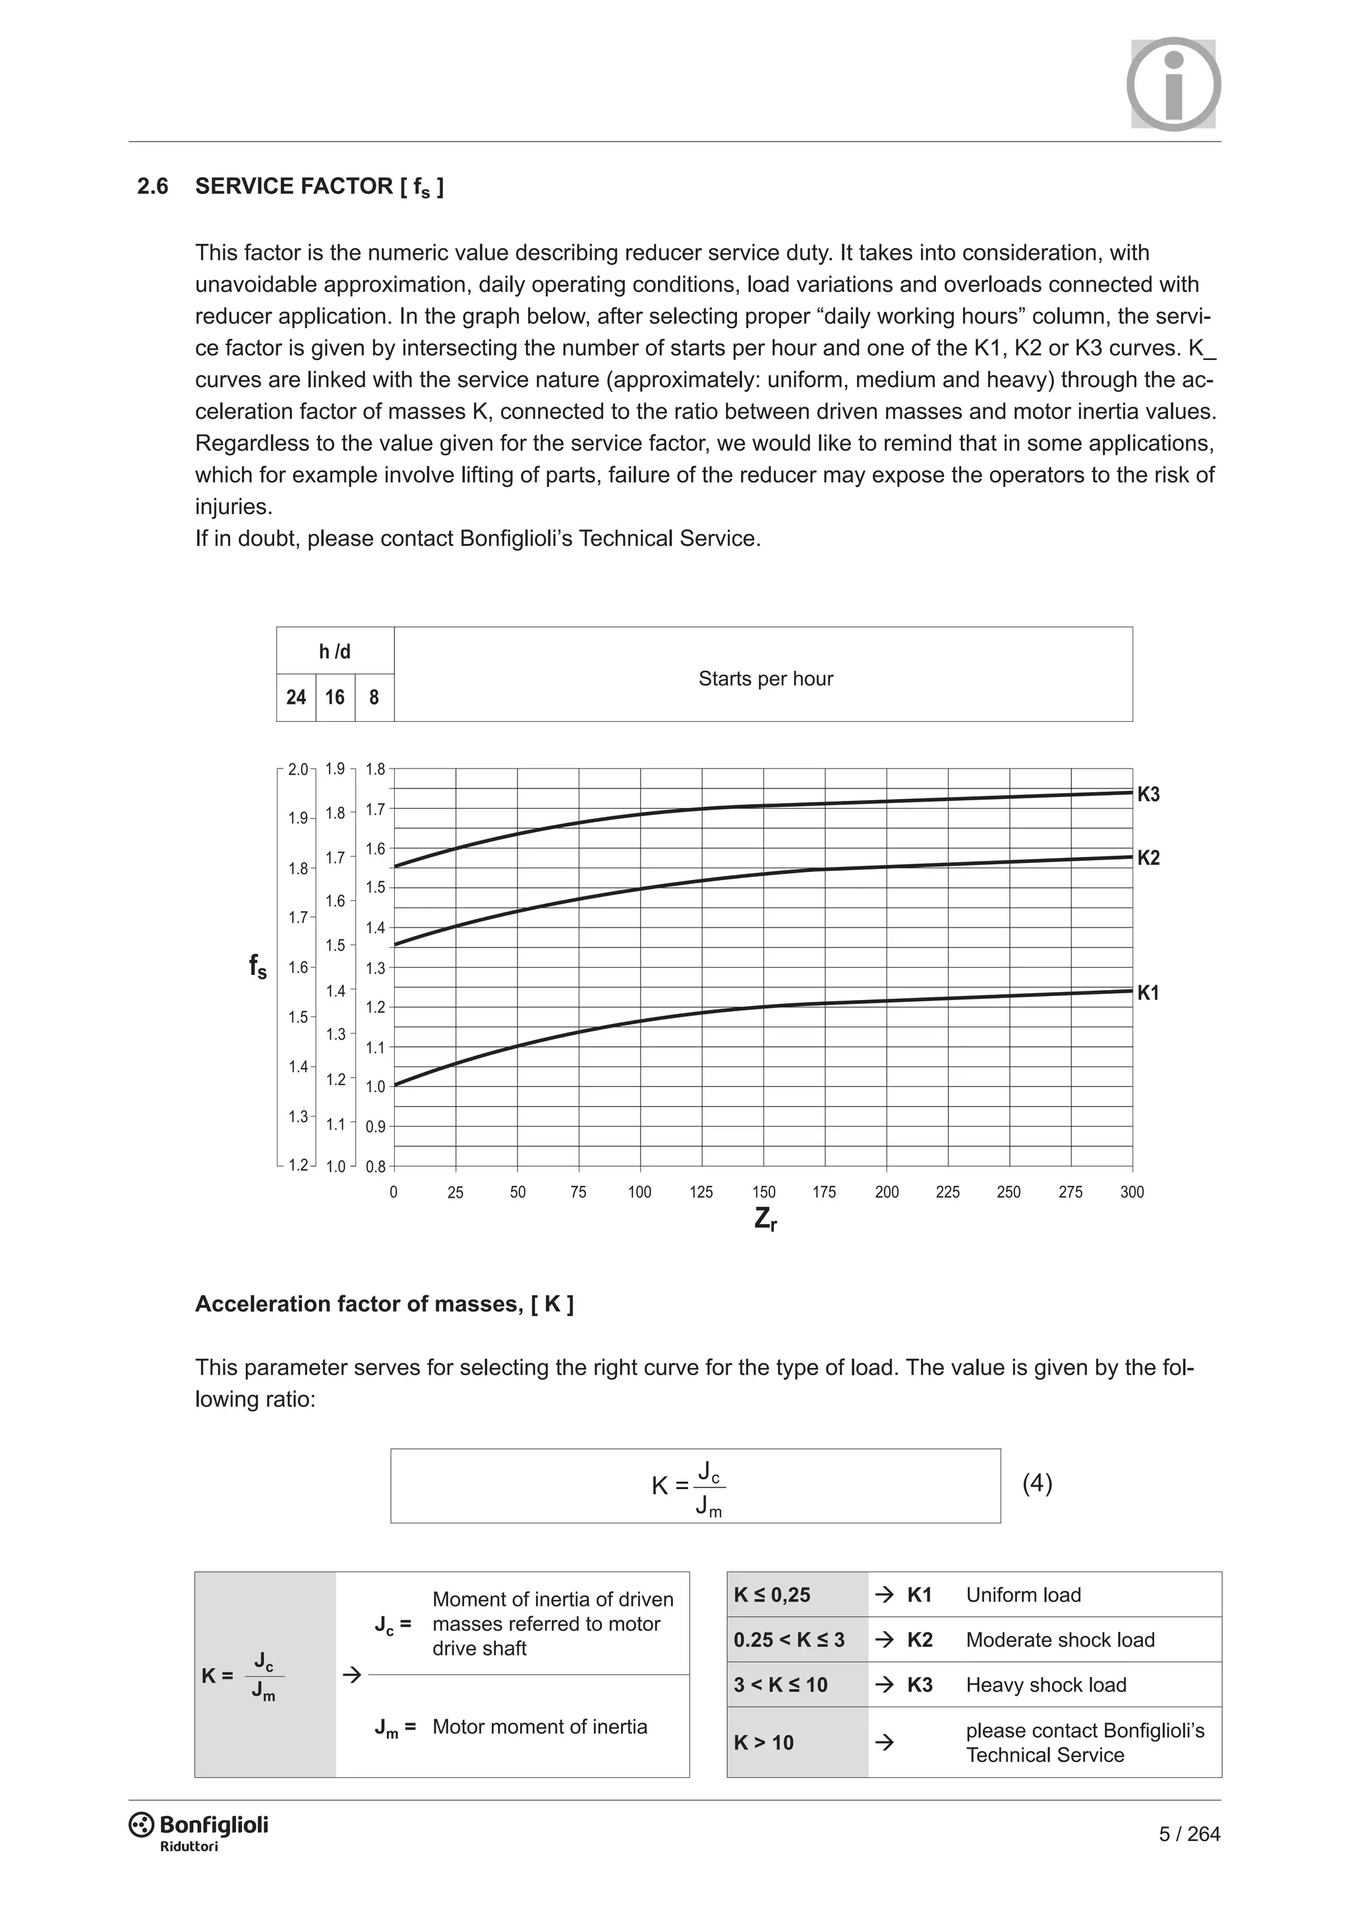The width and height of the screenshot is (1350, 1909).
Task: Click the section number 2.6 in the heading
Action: (x=153, y=187)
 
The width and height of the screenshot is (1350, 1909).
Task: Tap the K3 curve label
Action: (x=1148, y=794)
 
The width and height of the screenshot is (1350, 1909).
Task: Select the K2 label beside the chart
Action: (x=1148, y=858)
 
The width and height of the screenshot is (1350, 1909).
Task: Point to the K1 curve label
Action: (x=1148, y=993)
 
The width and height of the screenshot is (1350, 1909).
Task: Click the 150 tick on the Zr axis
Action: (x=763, y=1192)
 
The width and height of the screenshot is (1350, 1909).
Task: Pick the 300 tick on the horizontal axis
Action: (x=1131, y=1192)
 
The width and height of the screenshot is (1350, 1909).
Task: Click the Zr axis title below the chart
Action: (x=765, y=1219)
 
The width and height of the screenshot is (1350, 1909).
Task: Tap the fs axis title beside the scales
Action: (x=258, y=966)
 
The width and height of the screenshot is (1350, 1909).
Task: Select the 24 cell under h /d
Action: (x=296, y=697)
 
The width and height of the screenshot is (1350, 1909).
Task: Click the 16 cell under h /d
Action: (x=335, y=697)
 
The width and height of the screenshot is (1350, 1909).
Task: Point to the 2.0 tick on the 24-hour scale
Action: (x=297, y=770)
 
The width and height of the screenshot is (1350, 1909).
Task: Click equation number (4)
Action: (x=1037, y=1483)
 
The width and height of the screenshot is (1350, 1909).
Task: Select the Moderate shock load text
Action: (x=1060, y=1639)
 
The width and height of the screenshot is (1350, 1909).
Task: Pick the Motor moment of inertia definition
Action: (x=539, y=1727)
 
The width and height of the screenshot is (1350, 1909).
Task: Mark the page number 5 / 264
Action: (x=1189, y=1834)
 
